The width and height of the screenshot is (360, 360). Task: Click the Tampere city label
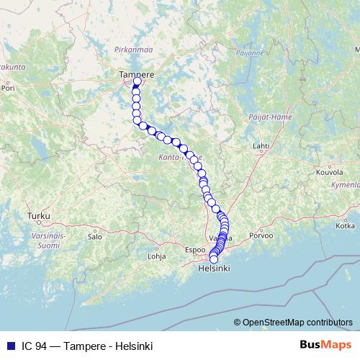point(137,73)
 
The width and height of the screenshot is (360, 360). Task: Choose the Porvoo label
point(260,235)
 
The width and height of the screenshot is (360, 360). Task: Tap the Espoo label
point(195,250)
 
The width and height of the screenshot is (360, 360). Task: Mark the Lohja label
point(156,256)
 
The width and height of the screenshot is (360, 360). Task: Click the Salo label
point(94,235)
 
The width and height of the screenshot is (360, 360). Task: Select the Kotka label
point(345,225)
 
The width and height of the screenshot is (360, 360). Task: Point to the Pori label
point(9,91)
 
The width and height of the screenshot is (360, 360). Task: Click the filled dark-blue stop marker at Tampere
point(138,82)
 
